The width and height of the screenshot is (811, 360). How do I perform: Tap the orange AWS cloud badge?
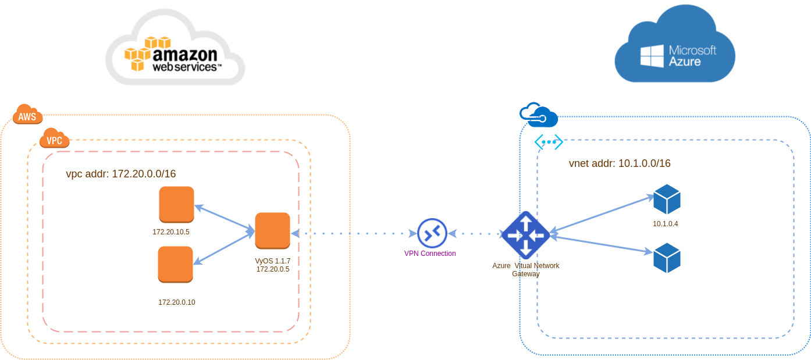[x=27, y=115]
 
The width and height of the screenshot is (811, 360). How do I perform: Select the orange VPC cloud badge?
[x=54, y=140]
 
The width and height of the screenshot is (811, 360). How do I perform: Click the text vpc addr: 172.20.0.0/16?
[x=121, y=174]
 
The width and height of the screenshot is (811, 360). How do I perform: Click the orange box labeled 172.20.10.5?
[x=176, y=204]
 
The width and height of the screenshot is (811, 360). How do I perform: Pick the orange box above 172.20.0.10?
[x=175, y=264]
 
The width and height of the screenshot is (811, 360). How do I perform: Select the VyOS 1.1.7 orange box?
[x=272, y=230]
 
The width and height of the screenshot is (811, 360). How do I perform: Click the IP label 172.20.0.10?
[x=177, y=302]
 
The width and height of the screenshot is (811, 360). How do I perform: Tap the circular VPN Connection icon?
[x=432, y=233]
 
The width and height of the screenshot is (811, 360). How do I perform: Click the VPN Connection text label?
[x=430, y=254]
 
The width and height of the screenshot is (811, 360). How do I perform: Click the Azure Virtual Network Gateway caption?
[x=526, y=269]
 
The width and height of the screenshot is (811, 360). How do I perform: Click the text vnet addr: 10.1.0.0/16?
[x=620, y=163]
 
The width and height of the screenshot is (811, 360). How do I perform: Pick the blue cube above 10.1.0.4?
[x=667, y=199]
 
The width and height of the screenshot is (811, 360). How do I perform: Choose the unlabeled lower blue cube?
[x=667, y=258]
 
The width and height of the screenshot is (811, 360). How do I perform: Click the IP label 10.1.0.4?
[x=666, y=224]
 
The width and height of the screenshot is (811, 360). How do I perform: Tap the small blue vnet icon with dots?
[x=549, y=142]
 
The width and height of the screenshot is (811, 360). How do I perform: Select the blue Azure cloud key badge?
[x=538, y=115]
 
